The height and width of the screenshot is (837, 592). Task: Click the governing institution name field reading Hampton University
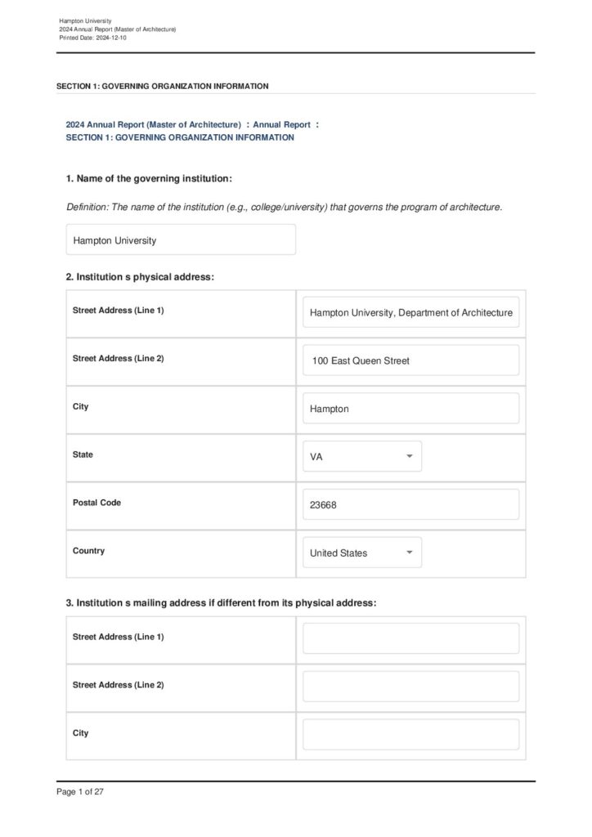[181, 240]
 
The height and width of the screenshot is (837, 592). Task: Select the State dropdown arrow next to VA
[409, 457]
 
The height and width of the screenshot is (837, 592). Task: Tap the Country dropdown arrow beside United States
[409, 553]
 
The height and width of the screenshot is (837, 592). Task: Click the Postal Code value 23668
[324, 505]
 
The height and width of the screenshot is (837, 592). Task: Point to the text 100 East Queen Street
[361, 360]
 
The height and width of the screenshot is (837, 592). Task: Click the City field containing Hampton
[410, 409]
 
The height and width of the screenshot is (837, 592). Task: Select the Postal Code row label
[96, 503]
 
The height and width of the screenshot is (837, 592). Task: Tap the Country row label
[88, 551]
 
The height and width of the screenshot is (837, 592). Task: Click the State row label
[83, 454]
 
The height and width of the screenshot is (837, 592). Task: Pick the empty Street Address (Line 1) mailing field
[410, 638]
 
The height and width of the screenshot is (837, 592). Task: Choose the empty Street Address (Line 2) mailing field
[410, 687]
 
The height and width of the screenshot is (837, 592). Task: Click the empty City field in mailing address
[410, 735]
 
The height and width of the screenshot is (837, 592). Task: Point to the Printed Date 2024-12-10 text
[93, 38]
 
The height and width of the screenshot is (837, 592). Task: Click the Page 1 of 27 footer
[80, 792]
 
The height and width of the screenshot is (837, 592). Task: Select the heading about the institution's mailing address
[221, 603]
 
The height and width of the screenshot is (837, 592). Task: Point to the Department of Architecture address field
[410, 312]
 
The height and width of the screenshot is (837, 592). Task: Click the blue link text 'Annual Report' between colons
[281, 124]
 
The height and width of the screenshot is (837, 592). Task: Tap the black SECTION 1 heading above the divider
[162, 86]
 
